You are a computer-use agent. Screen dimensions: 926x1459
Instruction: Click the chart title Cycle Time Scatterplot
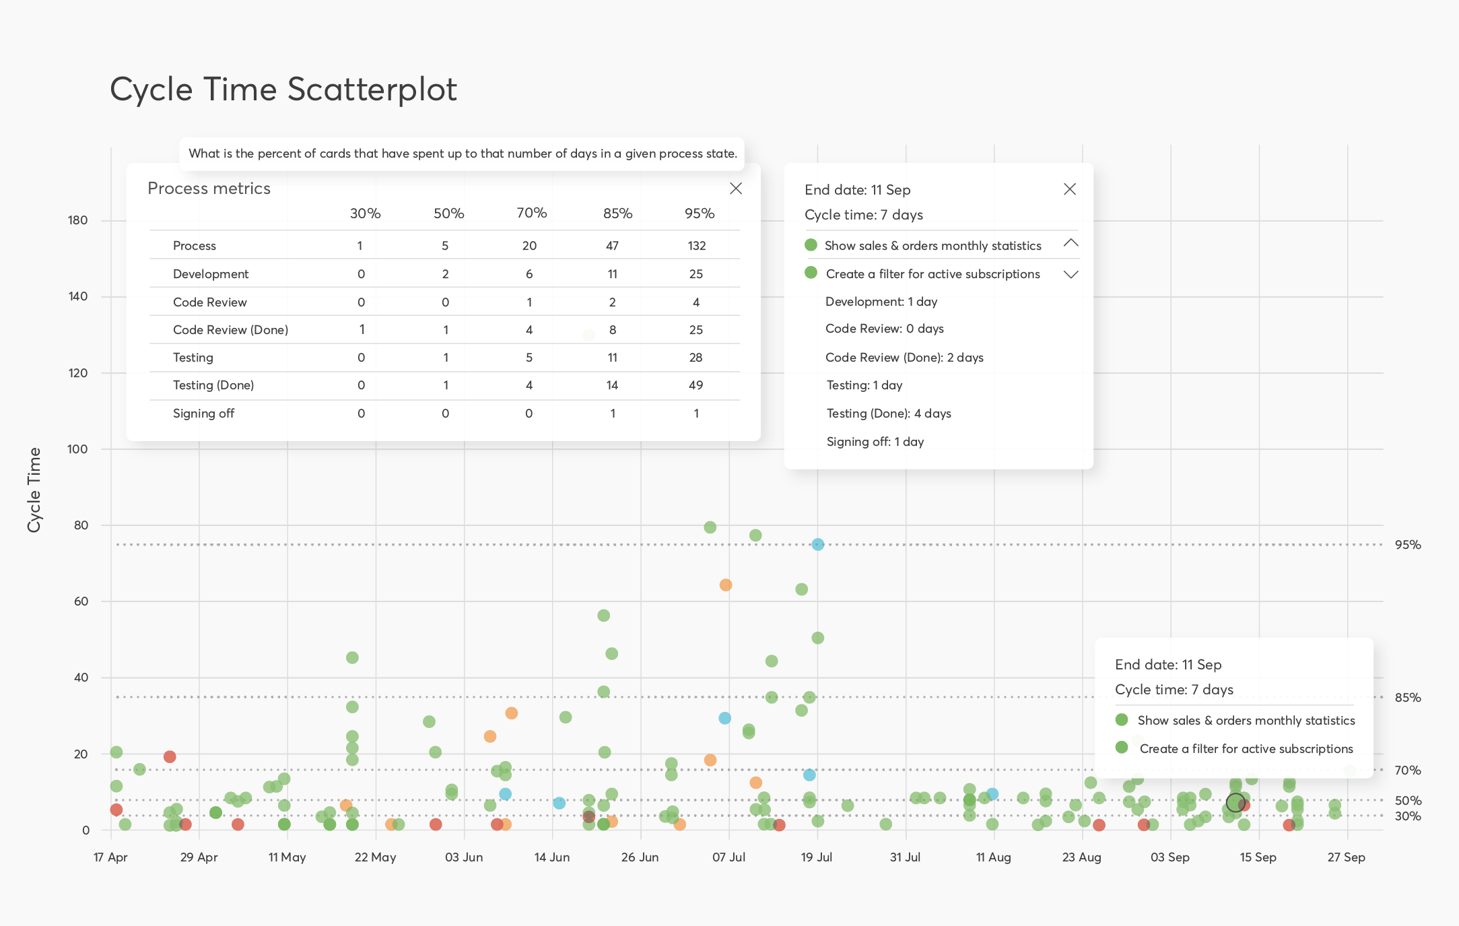(x=283, y=90)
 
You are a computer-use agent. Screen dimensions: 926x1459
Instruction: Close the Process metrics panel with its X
(x=736, y=189)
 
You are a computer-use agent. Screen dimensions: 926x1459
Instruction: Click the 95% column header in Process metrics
(x=699, y=213)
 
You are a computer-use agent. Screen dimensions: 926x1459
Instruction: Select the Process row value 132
(x=696, y=246)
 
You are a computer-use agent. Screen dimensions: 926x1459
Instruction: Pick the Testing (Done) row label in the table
(x=213, y=385)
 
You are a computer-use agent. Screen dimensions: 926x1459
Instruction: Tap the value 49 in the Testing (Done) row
(x=695, y=385)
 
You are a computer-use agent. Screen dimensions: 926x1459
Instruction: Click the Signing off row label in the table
(x=203, y=414)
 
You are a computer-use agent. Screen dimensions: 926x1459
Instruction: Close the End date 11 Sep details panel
(x=1069, y=189)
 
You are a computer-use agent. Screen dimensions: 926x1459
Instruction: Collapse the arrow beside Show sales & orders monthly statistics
(x=1071, y=243)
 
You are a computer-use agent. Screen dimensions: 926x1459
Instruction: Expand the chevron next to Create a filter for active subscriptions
(x=1071, y=274)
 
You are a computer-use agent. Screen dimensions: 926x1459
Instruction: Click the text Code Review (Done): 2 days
(x=904, y=358)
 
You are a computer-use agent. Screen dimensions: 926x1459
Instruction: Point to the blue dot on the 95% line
(x=817, y=544)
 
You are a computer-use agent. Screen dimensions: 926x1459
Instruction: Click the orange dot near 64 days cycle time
(x=725, y=585)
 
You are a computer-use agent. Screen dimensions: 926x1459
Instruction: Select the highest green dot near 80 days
(x=710, y=527)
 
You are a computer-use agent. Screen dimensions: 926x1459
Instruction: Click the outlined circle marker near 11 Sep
(x=1235, y=803)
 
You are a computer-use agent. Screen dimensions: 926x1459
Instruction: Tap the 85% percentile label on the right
(x=1407, y=698)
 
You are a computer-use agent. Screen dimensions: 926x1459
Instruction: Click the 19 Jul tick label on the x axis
(x=816, y=857)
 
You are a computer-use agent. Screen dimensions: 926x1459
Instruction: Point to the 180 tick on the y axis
(x=77, y=220)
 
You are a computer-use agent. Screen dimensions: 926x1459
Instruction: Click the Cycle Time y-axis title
(x=34, y=490)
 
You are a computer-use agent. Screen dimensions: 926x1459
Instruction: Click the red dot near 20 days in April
(x=170, y=757)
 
